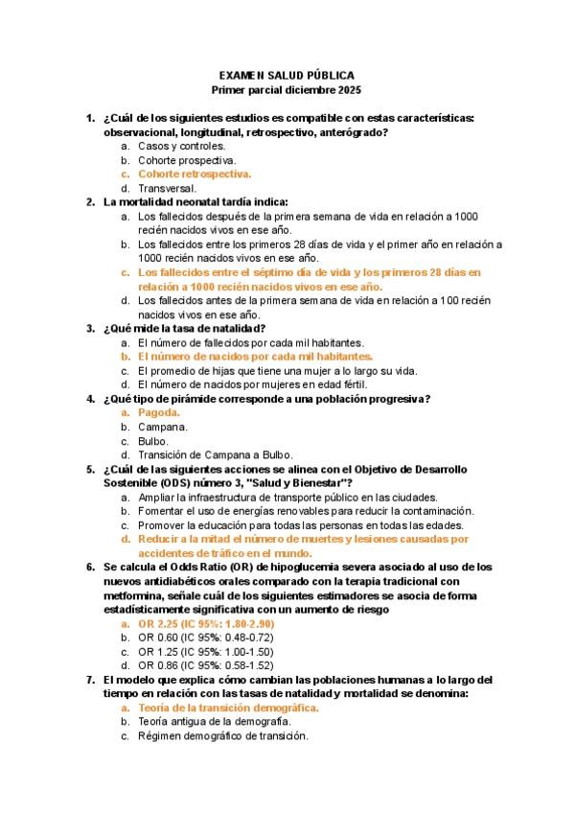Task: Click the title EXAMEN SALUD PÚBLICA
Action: point(286,74)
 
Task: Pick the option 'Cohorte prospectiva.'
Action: point(186,160)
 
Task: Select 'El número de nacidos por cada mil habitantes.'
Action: point(255,356)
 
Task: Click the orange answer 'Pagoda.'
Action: point(159,412)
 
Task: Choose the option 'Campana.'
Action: point(162,426)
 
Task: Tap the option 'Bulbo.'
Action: point(154,441)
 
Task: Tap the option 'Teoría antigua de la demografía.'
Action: point(214,721)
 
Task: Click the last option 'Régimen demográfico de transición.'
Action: point(221,735)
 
